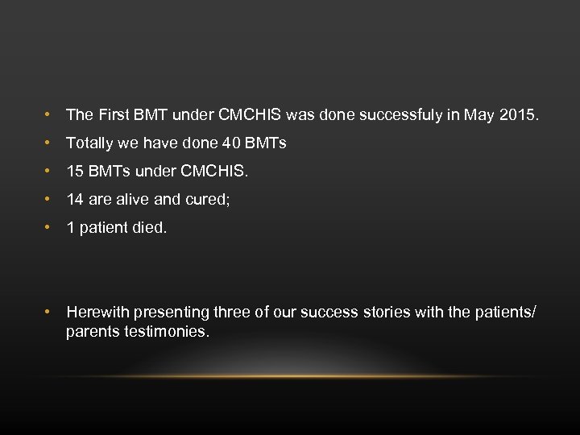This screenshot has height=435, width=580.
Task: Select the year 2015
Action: pos(519,115)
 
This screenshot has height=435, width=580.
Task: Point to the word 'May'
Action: pos(478,115)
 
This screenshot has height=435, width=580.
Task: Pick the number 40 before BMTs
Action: pos(231,143)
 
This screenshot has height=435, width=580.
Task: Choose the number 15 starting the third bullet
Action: pos(75,172)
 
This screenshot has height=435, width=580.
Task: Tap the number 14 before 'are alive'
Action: pos(75,200)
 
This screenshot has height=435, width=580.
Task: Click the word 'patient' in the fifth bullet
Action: pos(105,228)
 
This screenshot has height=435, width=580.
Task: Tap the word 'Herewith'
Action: pos(97,313)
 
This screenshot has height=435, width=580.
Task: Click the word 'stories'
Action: pos(386,313)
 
